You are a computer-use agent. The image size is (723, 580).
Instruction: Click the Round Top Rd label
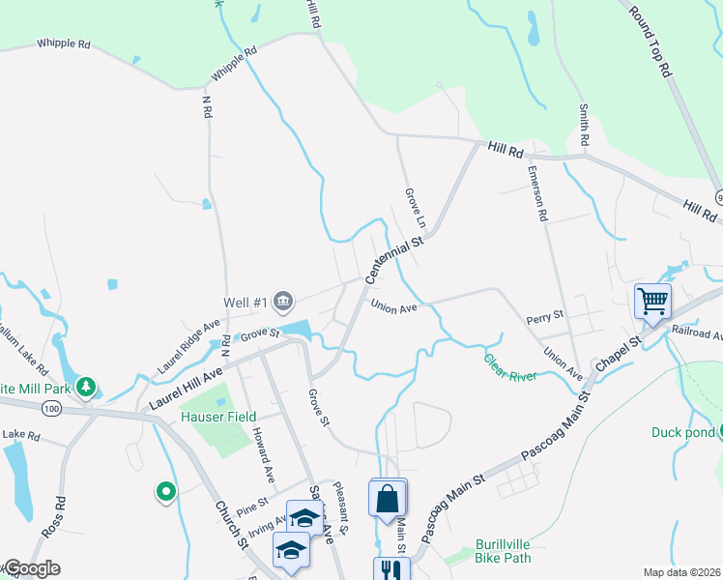[650, 42]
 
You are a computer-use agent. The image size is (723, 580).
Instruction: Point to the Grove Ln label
[410, 208]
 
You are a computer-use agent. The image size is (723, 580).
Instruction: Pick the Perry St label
[544, 316]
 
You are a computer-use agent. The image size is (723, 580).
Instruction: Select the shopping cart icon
[652, 301]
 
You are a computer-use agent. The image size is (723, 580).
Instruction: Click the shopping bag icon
[388, 499]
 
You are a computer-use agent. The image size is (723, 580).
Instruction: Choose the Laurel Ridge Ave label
[189, 346]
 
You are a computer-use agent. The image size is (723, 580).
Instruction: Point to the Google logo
[31, 568]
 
